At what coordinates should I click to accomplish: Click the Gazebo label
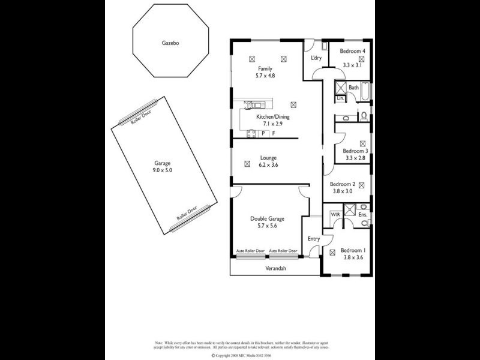pos(171,43)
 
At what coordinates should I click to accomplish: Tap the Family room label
pos(265,69)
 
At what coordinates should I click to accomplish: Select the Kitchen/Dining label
pos(273,117)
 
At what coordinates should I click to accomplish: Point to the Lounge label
pos(268,158)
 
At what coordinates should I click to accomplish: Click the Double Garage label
pos(267,219)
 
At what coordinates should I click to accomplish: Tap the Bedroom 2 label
pos(343,184)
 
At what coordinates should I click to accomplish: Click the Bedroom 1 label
pos(353,250)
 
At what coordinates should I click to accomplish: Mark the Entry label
pos(314,239)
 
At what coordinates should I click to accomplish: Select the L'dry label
pos(316,58)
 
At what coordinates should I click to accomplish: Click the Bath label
pos(354,88)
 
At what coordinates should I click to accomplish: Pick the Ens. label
pos(362,214)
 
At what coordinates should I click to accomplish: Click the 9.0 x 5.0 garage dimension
pos(163,170)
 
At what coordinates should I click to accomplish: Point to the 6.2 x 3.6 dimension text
pos(268,166)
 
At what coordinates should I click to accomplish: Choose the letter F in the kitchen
pos(274,133)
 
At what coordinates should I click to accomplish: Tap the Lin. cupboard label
pos(340,98)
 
